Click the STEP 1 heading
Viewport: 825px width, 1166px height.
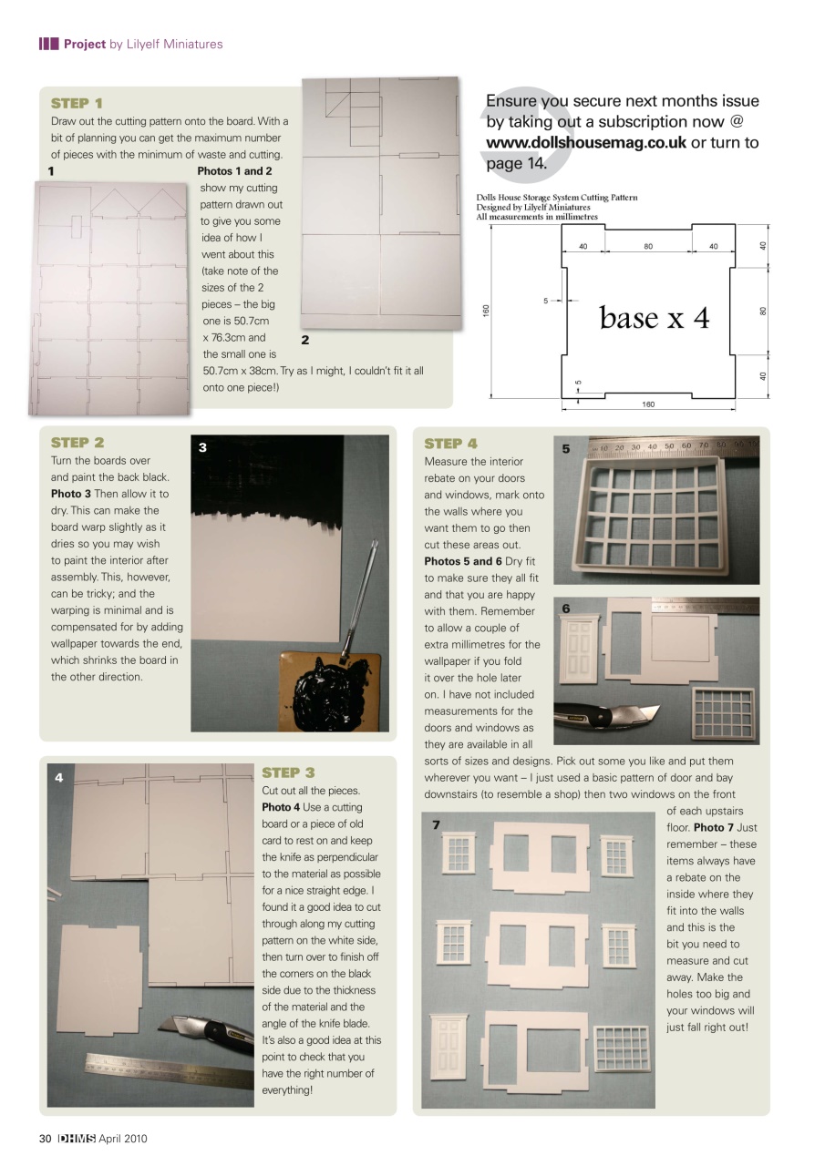pyautogui.click(x=77, y=103)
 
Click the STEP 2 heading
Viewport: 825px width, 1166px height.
pyautogui.click(x=77, y=443)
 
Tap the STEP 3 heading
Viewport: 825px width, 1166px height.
pyautogui.click(x=288, y=772)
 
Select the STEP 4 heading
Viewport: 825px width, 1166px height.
pyautogui.click(x=450, y=444)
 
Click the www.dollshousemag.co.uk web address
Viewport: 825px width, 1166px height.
pyautogui.click(x=586, y=142)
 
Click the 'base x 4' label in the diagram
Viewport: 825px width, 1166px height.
pyautogui.click(x=654, y=317)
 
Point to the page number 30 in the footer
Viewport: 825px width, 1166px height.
pyautogui.click(x=45, y=1139)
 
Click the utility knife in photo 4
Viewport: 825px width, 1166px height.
pyautogui.click(x=205, y=1035)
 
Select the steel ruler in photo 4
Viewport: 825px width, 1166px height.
pyautogui.click(x=169, y=1069)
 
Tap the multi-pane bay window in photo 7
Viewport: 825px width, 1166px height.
pyautogui.click(x=621, y=1047)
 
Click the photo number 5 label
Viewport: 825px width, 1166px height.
pyautogui.click(x=566, y=449)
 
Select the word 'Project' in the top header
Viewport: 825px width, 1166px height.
pyautogui.click(x=85, y=44)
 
